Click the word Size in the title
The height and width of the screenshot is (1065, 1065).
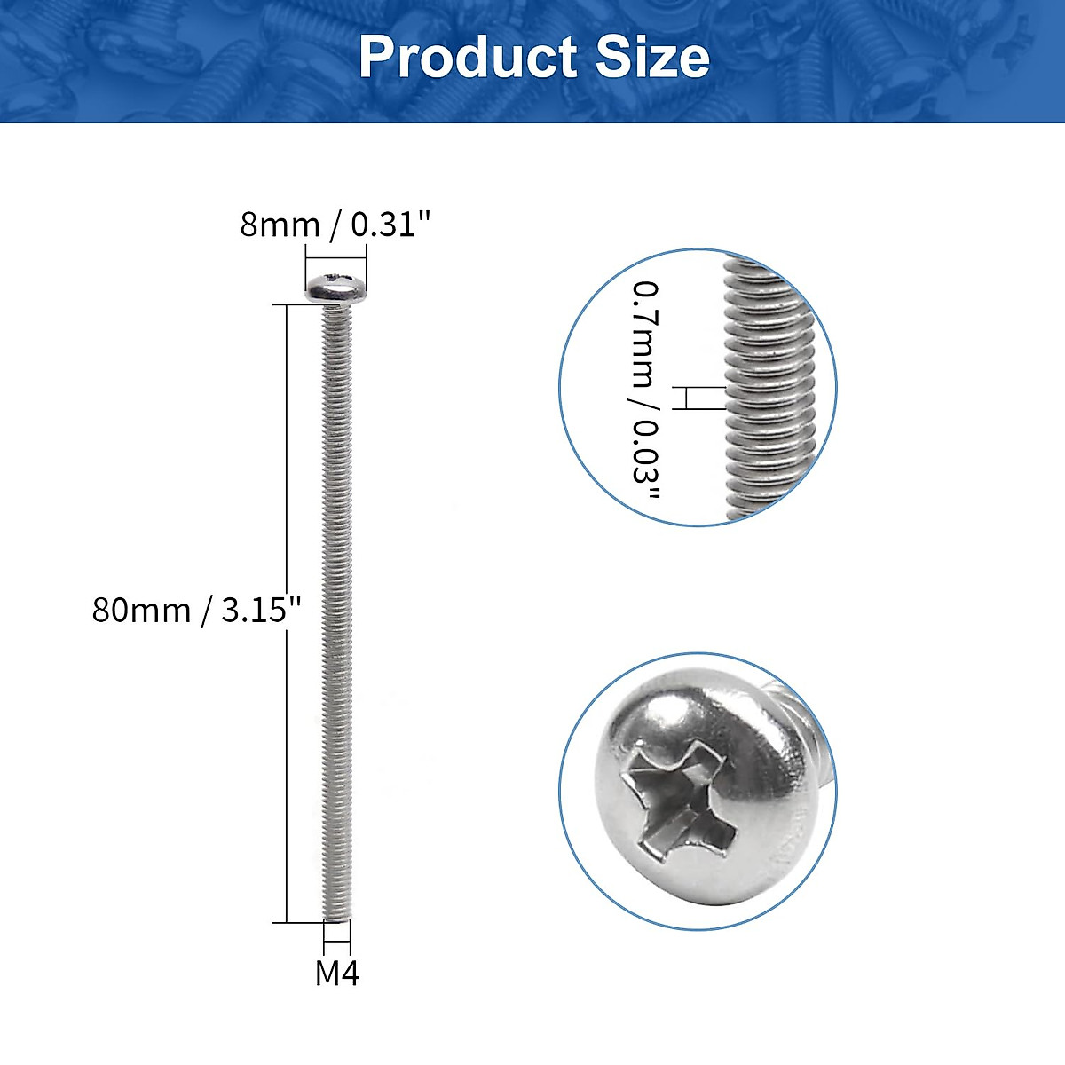click(652, 58)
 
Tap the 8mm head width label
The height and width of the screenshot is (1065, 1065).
click(279, 225)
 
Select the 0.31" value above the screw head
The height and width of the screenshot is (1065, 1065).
click(390, 225)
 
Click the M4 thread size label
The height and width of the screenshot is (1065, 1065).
click(337, 974)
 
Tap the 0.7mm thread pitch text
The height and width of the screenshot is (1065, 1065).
click(646, 334)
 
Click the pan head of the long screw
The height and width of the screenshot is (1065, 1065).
click(336, 288)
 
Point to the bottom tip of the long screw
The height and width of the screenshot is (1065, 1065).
click(336, 918)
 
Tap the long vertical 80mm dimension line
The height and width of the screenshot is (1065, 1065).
click(286, 612)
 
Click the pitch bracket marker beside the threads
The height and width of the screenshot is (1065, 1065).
click(686, 398)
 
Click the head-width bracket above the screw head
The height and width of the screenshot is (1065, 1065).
click(336, 258)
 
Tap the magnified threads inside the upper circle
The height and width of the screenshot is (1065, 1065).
click(769, 390)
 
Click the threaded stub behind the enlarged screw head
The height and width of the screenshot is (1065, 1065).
click(821, 763)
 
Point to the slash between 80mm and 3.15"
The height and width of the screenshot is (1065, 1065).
click(207, 611)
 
